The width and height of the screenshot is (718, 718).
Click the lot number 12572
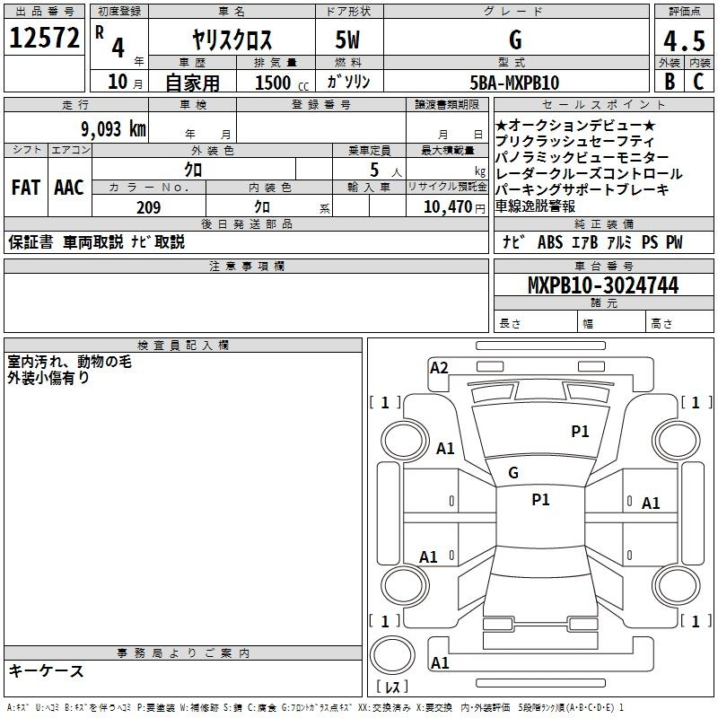[44, 38]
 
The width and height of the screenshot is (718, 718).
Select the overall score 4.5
[684, 41]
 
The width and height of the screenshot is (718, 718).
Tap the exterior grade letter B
[670, 82]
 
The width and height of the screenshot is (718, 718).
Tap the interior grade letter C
[698, 82]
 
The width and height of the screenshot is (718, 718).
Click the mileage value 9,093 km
[114, 129]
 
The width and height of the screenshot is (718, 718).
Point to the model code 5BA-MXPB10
[514, 83]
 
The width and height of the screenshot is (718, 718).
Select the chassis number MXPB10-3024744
[603, 285]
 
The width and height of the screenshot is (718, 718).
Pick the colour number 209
[148, 207]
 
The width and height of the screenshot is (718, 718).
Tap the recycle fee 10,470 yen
[454, 207]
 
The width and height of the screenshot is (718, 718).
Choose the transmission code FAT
[26, 188]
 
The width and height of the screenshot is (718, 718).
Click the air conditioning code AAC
[69, 188]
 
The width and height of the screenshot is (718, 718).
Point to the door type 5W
[347, 39]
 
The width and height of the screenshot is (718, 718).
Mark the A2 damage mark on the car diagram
[439, 368]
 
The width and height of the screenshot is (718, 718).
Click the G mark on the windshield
[513, 473]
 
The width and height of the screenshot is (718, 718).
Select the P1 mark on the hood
[580, 431]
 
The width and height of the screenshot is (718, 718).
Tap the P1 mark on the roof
[540, 500]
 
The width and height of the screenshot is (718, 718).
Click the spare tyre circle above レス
[392, 655]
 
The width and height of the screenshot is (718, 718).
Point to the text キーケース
[46, 671]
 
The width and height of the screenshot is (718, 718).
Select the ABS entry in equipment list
[550, 242]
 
